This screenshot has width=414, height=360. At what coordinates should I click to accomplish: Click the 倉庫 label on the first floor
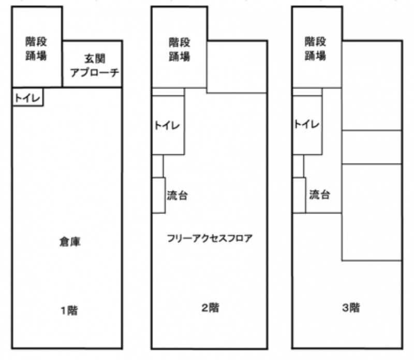(68, 242)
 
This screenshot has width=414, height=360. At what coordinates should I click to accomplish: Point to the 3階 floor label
(350, 308)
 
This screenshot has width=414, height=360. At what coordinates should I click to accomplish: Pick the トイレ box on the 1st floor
(27, 97)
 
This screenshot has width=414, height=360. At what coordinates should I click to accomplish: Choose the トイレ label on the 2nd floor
(168, 125)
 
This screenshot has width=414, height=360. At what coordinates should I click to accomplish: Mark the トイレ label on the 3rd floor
(306, 124)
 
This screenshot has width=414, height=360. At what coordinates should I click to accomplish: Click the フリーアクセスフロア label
(210, 239)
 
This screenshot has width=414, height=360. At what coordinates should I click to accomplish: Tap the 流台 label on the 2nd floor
(177, 196)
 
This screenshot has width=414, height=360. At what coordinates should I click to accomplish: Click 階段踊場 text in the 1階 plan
(36, 48)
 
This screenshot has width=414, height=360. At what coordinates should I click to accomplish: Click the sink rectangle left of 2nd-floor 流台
(158, 195)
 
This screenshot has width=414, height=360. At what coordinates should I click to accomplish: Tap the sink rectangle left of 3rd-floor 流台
(299, 195)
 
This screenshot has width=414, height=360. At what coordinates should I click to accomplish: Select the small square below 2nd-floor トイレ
(157, 166)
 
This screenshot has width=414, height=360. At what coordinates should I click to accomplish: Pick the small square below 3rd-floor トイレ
(298, 166)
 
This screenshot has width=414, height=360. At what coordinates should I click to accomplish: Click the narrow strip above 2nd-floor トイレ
(168, 92)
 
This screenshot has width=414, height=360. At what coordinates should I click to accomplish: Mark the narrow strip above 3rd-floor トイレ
(306, 92)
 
